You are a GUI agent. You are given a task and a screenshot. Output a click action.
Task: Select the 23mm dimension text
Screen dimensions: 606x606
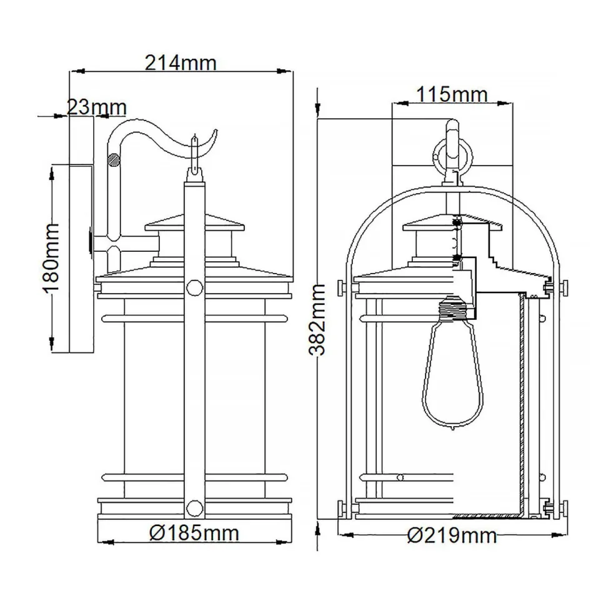point(97,107)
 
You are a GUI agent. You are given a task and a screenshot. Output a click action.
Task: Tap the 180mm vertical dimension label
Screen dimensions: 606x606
point(51,258)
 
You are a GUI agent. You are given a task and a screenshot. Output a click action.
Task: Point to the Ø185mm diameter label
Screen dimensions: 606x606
point(195,533)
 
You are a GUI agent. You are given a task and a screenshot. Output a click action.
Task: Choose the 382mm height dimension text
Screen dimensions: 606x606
point(319,319)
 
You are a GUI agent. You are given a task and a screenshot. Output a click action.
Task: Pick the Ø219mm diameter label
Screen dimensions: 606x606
point(452,535)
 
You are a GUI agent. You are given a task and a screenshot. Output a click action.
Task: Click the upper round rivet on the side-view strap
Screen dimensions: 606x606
point(194,287)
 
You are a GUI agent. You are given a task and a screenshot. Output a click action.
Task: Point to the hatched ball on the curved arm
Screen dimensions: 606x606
point(114,160)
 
